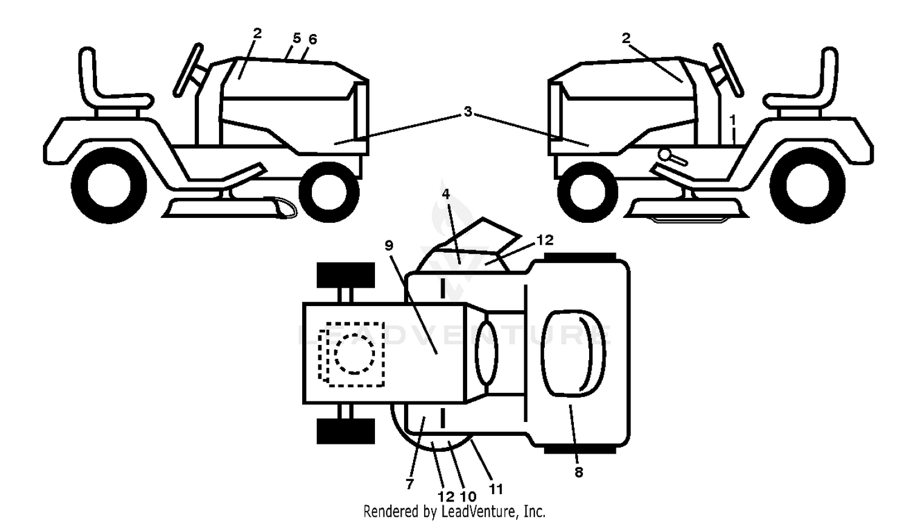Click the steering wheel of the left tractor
coord(187,70)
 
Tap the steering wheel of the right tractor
coord(729,70)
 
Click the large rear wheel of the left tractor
coord(109,185)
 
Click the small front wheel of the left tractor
coord(329,192)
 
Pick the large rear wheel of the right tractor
coord(807,185)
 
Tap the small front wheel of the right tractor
coord(587,192)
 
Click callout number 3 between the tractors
coord(468,111)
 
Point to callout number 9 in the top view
coord(389,246)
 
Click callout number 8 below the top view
coord(579,472)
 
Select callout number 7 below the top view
coord(409,484)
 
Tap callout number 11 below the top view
coord(496,489)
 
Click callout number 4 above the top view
coord(446,194)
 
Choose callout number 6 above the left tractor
coord(312,39)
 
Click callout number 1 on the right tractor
coord(733,120)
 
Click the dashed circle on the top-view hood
coord(354,353)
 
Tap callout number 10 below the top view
coord(468,496)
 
